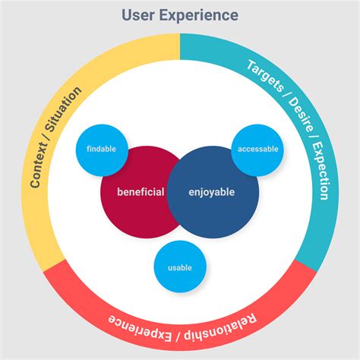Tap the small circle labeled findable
[x=101, y=149]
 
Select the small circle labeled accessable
[x=257, y=149]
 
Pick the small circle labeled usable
[x=179, y=267]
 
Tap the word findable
[x=101, y=149]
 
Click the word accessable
[x=257, y=149]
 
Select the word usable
[x=179, y=267]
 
